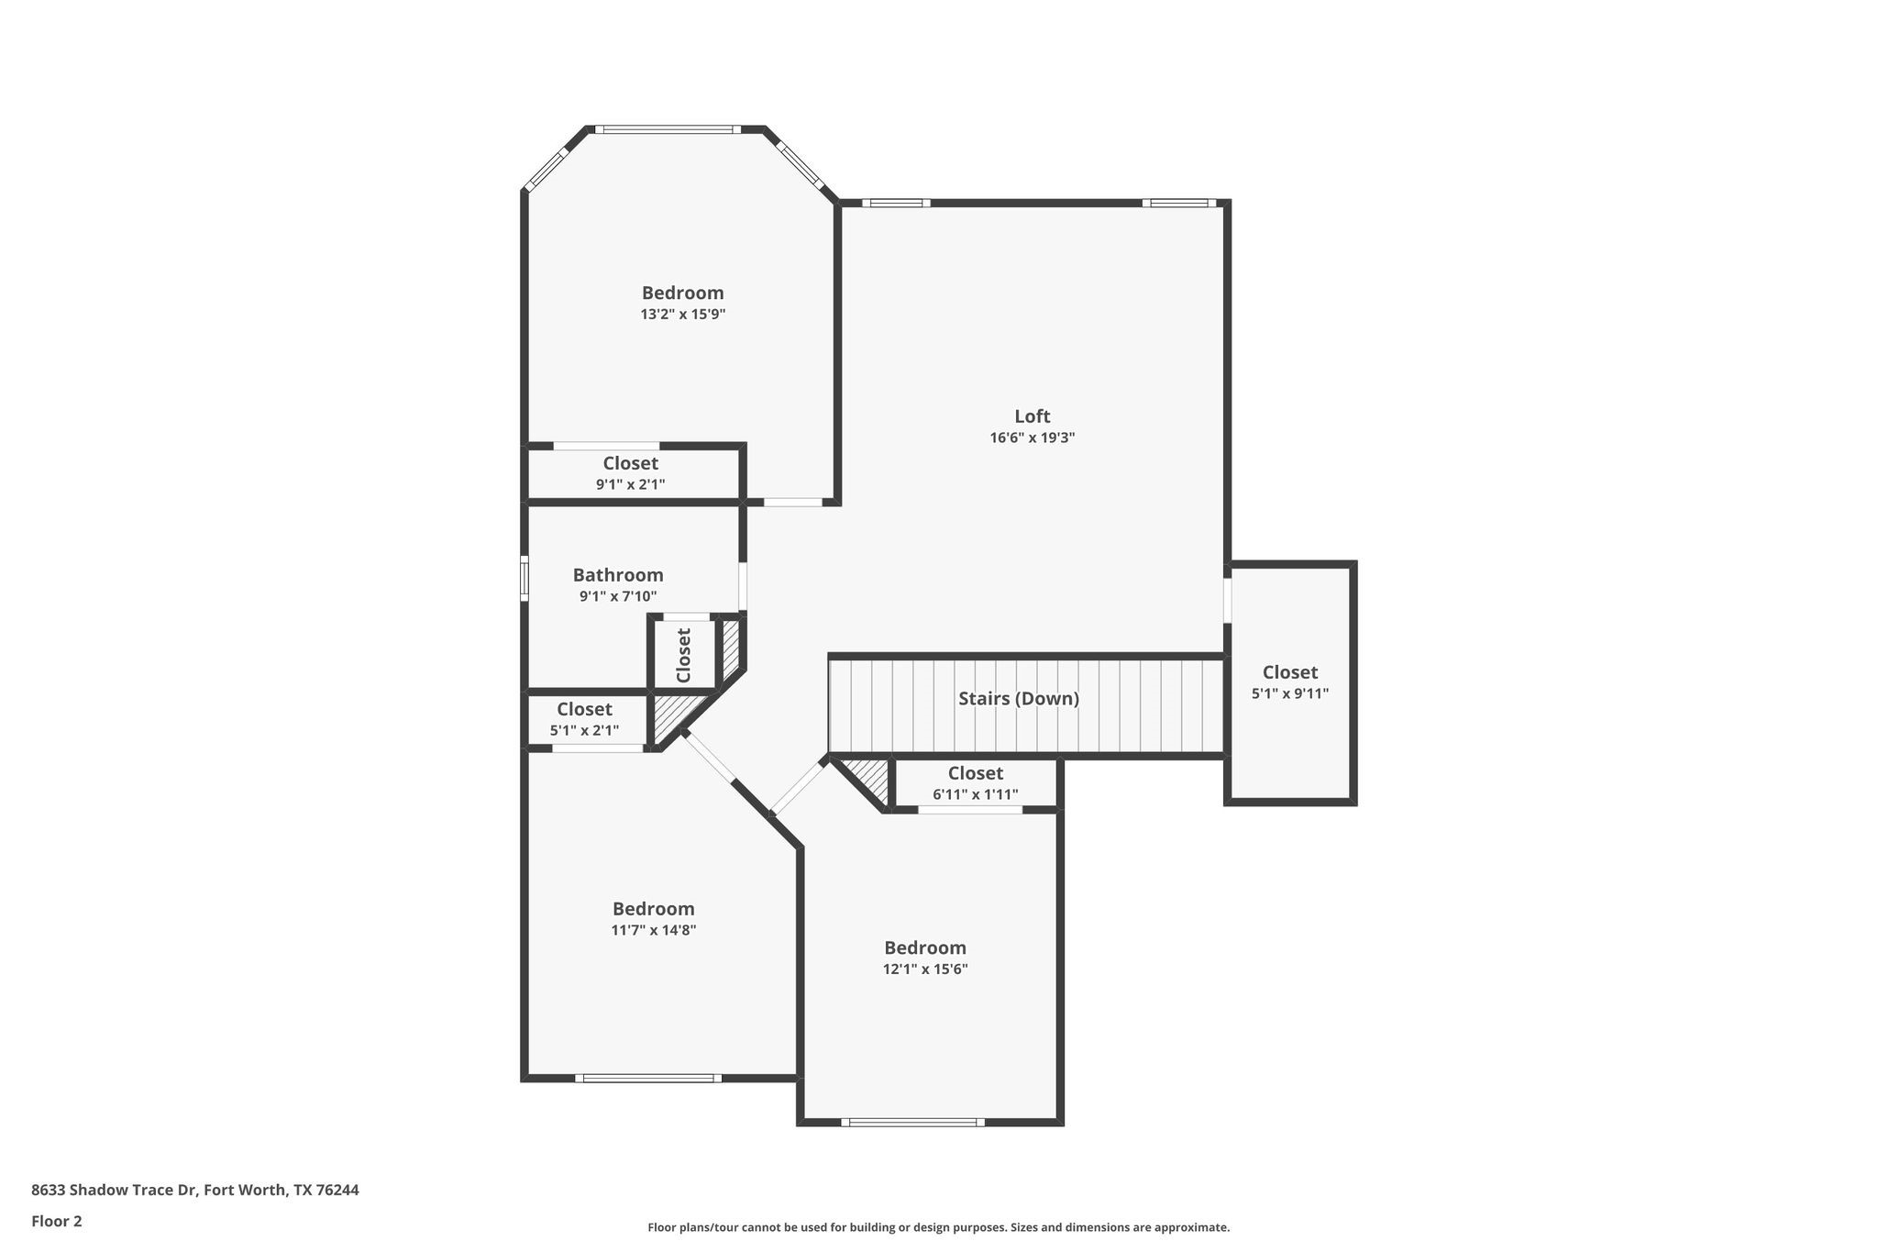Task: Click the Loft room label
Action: [x=1032, y=416]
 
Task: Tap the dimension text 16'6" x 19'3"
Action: [x=1032, y=438]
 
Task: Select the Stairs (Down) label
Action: [x=1018, y=699]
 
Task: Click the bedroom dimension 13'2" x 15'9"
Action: [x=682, y=315]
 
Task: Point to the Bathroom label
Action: [x=618, y=575]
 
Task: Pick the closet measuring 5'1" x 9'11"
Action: [x=1289, y=683]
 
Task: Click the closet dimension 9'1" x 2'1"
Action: [x=630, y=484]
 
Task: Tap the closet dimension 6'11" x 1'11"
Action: [x=975, y=795]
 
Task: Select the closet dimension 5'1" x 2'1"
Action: [x=584, y=731]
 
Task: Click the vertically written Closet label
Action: [x=683, y=655]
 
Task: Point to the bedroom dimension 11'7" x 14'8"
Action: [x=653, y=930]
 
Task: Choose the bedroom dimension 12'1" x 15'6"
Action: [x=924, y=969]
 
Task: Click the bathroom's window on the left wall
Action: [x=525, y=579]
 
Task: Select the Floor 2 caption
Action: [x=57, y=1221]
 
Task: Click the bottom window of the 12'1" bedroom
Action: [x=912, y=1122]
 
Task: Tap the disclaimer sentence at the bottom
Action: [x=938, y=1227]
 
